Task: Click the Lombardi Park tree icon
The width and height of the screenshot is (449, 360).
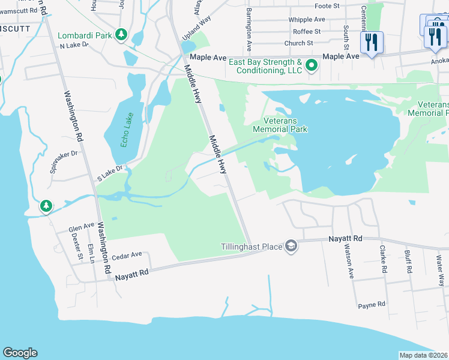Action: [x=122, y=35]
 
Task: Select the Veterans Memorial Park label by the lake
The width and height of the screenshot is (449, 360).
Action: [x=280, y=125]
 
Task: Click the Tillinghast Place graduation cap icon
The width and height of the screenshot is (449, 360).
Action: [x=291, y=247]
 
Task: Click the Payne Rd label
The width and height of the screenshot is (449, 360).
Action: [x=372, y=305]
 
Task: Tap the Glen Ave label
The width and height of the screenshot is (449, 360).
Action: [x=82, y=227]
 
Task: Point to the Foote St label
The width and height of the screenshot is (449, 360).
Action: [x=327, y=6]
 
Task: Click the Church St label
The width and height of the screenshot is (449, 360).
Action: [x=299, y=43]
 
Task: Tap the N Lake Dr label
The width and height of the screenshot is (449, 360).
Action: [x=74, y=44]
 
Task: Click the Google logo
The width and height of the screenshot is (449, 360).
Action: [x=20, y=353]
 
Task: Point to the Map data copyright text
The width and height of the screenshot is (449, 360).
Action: [x=423, y=355]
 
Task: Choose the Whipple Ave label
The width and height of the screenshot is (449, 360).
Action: [x=306, y=19]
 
